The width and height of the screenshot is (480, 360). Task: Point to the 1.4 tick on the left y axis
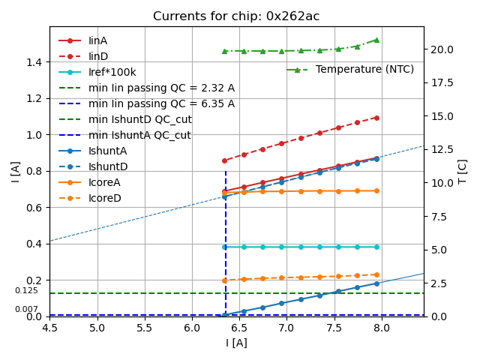[34, 61]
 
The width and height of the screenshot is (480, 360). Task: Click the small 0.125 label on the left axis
[26, 290]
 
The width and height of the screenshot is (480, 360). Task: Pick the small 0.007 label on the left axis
[26, 309]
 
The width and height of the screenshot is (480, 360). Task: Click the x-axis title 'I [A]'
[236, 343]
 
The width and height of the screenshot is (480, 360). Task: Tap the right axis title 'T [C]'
[463, 171]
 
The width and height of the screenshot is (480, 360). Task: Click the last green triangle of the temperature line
[376, 40]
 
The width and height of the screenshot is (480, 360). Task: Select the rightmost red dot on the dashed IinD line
[376, 118]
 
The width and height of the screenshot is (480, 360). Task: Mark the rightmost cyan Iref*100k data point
[376, 247]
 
